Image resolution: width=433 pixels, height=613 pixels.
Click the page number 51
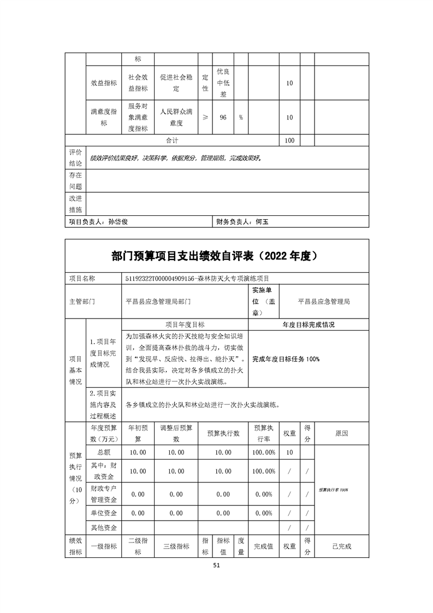point(216,565)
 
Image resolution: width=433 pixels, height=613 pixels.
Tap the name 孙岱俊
point(118,222)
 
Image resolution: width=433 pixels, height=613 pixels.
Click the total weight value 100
point(289,140)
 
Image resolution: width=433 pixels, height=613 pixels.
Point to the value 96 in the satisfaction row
point(223,117)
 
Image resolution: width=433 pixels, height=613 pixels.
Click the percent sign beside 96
point(240,117)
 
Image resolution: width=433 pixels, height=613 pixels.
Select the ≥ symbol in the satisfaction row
point(205,117)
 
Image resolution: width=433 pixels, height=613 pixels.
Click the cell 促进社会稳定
point(176,83)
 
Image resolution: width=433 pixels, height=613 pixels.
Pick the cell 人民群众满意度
point(176,117)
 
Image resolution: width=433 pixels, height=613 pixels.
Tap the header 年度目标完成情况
point(309,325)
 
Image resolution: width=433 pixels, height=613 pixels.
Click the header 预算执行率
point(264,433)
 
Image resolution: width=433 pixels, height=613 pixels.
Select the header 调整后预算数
point(176,433)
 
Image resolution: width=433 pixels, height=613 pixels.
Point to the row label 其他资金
point(104,527)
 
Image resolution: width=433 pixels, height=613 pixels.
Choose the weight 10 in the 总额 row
point(289,452)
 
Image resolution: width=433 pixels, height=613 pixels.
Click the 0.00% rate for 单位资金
point(264,513)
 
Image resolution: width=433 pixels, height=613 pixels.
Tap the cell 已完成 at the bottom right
point(342,546)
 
